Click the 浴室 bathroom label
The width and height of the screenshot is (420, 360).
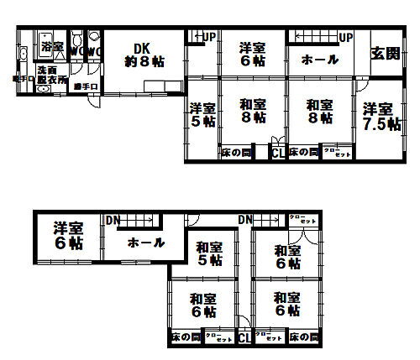click(x=52, y=45)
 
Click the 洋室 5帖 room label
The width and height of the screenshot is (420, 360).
click(x=202, y=115)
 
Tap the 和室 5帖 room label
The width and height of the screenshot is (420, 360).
click(x=209, y=253)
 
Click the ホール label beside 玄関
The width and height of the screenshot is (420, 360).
click(x=320, y=60)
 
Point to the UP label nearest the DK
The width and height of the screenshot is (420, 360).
click(x=208, y=37)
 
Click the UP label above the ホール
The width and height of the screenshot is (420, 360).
click(x=346, y=37)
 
